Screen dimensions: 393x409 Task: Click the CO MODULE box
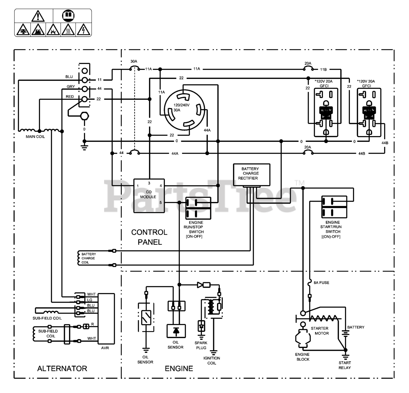(149, 196)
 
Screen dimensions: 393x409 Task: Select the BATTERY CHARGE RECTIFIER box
(251, 174)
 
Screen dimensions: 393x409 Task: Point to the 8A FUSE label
(321, 283)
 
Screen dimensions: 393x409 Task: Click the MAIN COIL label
(35, 137)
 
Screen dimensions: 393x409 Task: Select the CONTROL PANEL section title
(149, 237)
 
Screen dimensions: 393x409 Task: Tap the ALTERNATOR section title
(62, 368)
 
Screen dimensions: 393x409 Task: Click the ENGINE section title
(179, 368)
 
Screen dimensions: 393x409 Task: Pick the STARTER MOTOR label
(320, 331)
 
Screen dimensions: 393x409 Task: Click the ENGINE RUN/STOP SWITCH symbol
(198, 208)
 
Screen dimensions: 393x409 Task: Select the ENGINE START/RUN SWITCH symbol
(334, 207)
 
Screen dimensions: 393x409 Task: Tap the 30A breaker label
(134, 61)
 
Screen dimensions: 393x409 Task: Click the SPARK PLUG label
(201, 345)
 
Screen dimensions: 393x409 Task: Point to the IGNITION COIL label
(212, 360)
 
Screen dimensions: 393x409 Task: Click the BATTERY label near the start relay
(355, 327)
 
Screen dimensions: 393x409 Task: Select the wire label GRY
(71, 87)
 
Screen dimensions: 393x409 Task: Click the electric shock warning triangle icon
(84, 30)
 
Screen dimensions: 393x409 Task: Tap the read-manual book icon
(68, 15)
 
